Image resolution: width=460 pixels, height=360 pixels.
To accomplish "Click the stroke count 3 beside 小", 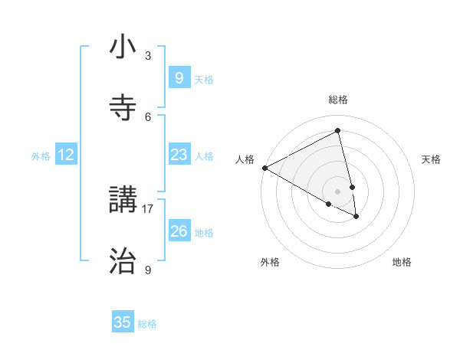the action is click(x=148, y=55).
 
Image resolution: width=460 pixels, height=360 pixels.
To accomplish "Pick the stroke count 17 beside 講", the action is click(x=148, y=208).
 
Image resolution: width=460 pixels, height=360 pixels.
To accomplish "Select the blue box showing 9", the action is click(x=179, y=77).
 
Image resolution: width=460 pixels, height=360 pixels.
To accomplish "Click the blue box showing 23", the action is click(x=179, y=155).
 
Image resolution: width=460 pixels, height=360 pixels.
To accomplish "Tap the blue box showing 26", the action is click(x=179, y=231).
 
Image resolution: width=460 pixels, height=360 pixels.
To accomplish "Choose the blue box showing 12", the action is click(x=66, y=155).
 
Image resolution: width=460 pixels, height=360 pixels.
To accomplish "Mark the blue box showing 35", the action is click(x=123, y=322).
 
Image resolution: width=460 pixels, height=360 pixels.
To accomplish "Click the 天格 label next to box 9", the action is click(x=204, y=79).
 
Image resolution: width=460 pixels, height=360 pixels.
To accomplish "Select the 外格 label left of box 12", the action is click(x=41, y=156).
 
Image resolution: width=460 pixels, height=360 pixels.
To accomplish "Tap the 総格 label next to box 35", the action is click(x=147, y=324).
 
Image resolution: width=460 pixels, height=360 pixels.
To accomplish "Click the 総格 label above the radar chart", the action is click(x=338, y=100).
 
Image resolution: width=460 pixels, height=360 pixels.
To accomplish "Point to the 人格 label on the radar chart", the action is click(x=245, y=159).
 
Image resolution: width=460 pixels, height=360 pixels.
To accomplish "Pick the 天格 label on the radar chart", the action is click(x=431, y=159).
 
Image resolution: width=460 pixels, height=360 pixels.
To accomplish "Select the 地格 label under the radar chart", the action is click(x=402, y=263).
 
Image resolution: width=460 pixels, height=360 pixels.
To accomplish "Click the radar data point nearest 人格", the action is click(x=264, y=168).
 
